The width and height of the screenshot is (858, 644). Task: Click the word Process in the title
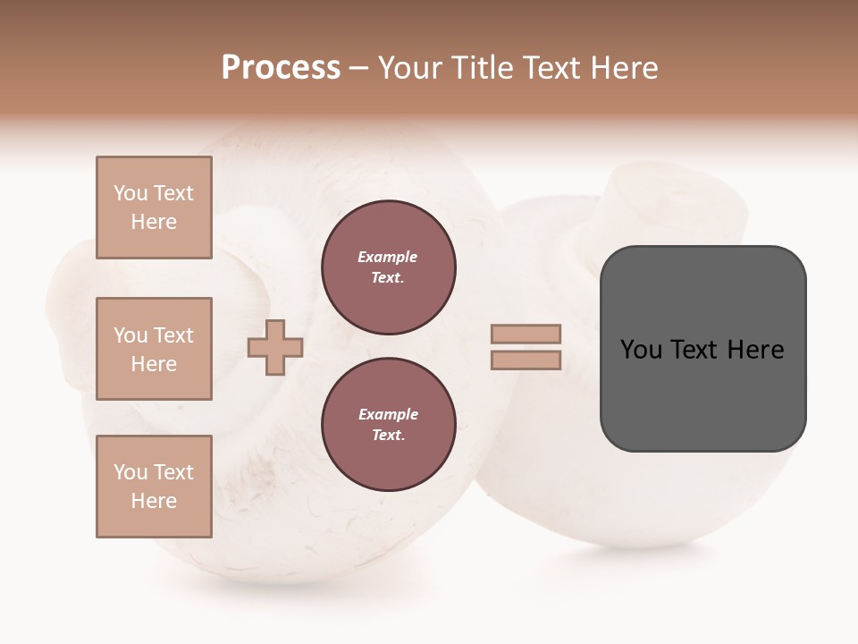(x=281, y=67)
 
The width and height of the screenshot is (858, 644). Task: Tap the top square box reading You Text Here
(x=154, y=208)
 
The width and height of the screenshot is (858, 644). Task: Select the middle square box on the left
(x=154, y=349)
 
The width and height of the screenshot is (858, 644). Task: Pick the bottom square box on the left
(x=154, y=487)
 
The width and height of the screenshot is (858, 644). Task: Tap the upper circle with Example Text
(x=389, y=267)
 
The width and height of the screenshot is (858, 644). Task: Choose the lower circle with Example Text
(x=389, y=425)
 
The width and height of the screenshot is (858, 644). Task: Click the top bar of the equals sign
(x=526, y=335)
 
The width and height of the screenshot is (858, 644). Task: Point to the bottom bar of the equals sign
(x=526, y=360)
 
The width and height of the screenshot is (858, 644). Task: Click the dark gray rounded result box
(x=702, y=394)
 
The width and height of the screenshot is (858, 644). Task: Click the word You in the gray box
(x=641, y=350)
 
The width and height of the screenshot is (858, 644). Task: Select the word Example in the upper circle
(x=388, y=258)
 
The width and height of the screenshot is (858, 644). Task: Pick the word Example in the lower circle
(x=388, y=415)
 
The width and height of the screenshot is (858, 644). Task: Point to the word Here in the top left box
(x=154, y=222)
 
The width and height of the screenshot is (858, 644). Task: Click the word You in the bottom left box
(x=130, y=472)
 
